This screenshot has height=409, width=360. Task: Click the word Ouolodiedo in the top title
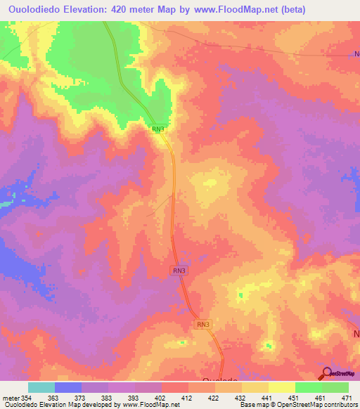[35, 9]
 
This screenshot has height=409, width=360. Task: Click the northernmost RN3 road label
[159, 129]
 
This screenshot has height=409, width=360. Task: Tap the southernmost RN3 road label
[203, 324]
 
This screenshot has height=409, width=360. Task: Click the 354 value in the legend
[25, 398]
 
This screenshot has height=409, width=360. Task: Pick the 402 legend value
[161, 398]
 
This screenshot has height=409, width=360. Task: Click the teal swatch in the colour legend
[41, 387]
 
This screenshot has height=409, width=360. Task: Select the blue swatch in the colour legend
[68, 387]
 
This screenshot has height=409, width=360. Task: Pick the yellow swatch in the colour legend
[282, 387]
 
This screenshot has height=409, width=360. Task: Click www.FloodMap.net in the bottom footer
[150, 405]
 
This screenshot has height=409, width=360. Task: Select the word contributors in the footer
[340, 405]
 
